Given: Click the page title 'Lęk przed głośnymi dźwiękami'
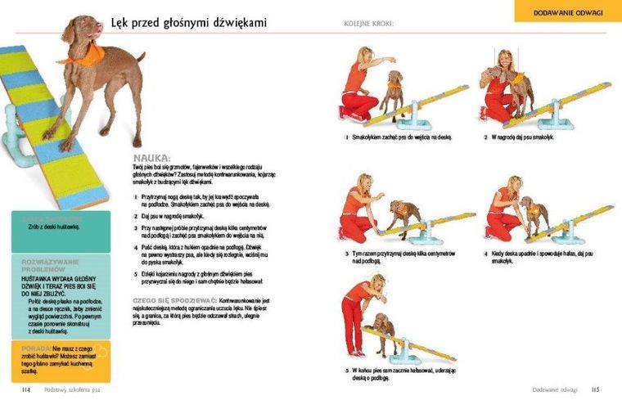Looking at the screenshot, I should coord(189,23).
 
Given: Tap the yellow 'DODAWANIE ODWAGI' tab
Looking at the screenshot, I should coord(567,12).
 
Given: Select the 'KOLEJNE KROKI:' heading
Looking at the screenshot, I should coord(369,24).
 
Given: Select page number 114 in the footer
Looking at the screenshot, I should coord(26,389).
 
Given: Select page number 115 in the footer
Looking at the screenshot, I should coord(596,389).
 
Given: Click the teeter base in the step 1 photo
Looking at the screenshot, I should coord(425,123).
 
